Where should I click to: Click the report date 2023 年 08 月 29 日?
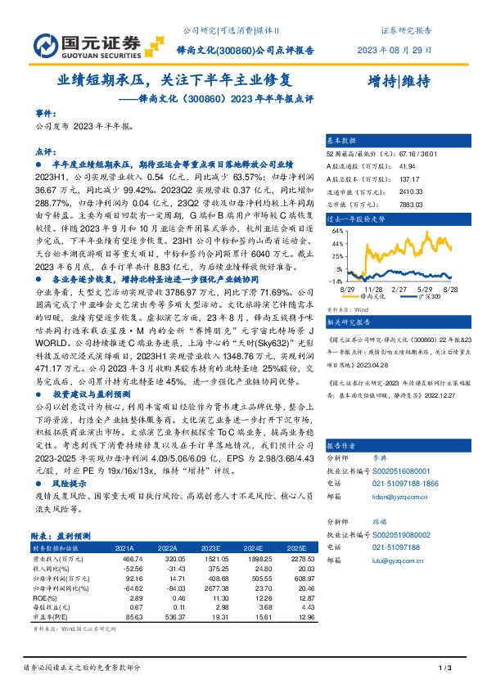395,51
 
